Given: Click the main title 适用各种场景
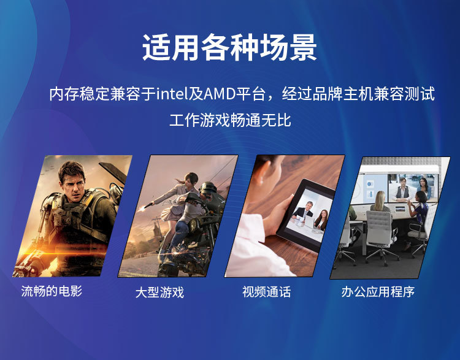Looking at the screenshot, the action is [229, 48].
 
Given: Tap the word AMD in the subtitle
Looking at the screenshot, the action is [220, 94].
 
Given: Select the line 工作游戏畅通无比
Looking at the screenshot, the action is [230, 120].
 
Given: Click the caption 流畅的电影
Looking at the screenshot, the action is [52, 291].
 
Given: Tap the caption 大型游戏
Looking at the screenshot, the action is [159, 293].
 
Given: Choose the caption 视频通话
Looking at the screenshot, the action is [266, 292].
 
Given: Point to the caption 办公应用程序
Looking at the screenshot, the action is [378, 292].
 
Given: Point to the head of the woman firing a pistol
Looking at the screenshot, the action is [191, 178].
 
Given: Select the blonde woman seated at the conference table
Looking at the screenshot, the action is [380, 202].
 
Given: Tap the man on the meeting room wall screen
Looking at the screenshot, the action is [402, 189].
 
